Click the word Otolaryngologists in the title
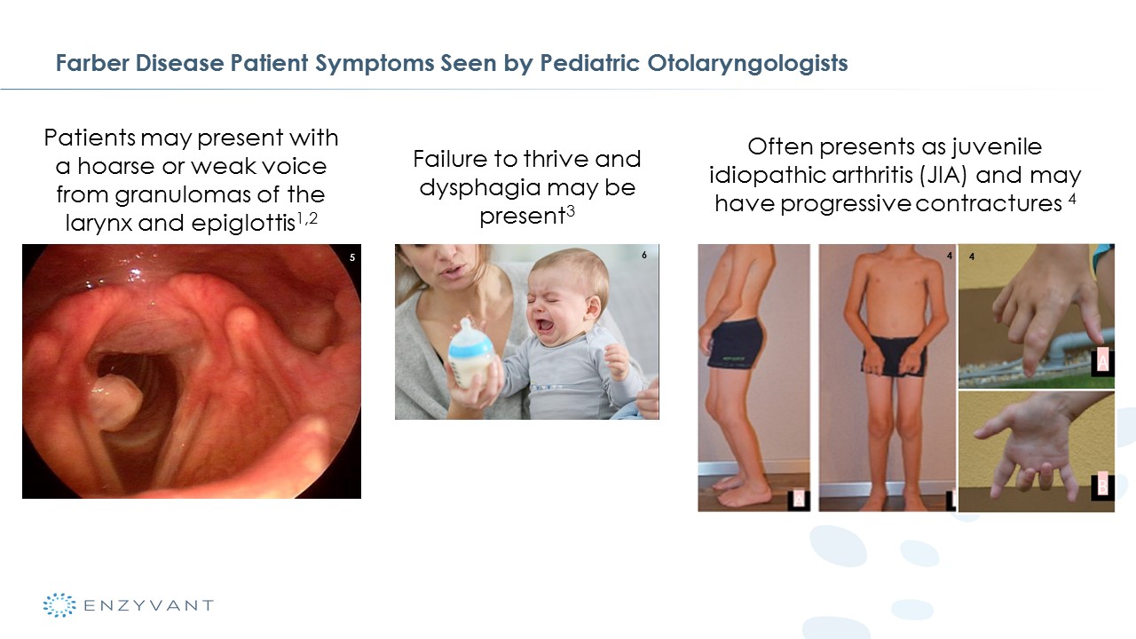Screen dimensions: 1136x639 click(747, 64)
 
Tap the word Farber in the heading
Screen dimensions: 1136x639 click(92, 63)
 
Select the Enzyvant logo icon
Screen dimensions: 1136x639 click(59, 605)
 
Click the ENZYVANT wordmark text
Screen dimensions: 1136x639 click(148, 605)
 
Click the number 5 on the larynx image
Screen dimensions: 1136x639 click(352, 257)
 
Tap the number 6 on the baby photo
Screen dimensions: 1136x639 click(644, 255)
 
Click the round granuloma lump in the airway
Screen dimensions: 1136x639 click(115, 402)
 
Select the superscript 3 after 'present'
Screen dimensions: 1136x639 click(571, 210)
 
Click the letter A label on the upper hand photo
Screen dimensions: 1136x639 click(1102, 361)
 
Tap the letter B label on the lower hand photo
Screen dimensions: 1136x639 click(1102, 485)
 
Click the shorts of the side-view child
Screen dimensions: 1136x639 click(736, 345)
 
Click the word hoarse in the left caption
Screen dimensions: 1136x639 click(116, 167)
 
